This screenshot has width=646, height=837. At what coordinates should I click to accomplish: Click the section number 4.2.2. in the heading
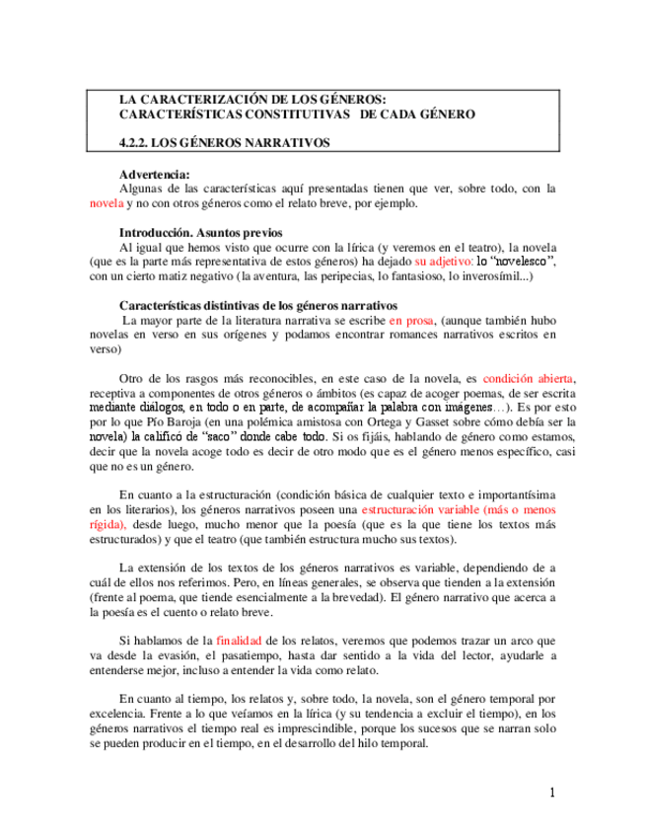coord(136,142)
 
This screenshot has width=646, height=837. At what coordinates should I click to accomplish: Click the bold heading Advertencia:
coord(152,174)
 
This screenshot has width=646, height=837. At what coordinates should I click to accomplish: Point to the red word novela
coord(106,203)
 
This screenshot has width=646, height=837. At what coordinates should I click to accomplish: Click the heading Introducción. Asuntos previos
coord(201,233)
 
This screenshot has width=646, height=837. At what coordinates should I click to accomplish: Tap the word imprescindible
coord(334,729)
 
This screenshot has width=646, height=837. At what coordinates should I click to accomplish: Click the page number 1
coord(553,793)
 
